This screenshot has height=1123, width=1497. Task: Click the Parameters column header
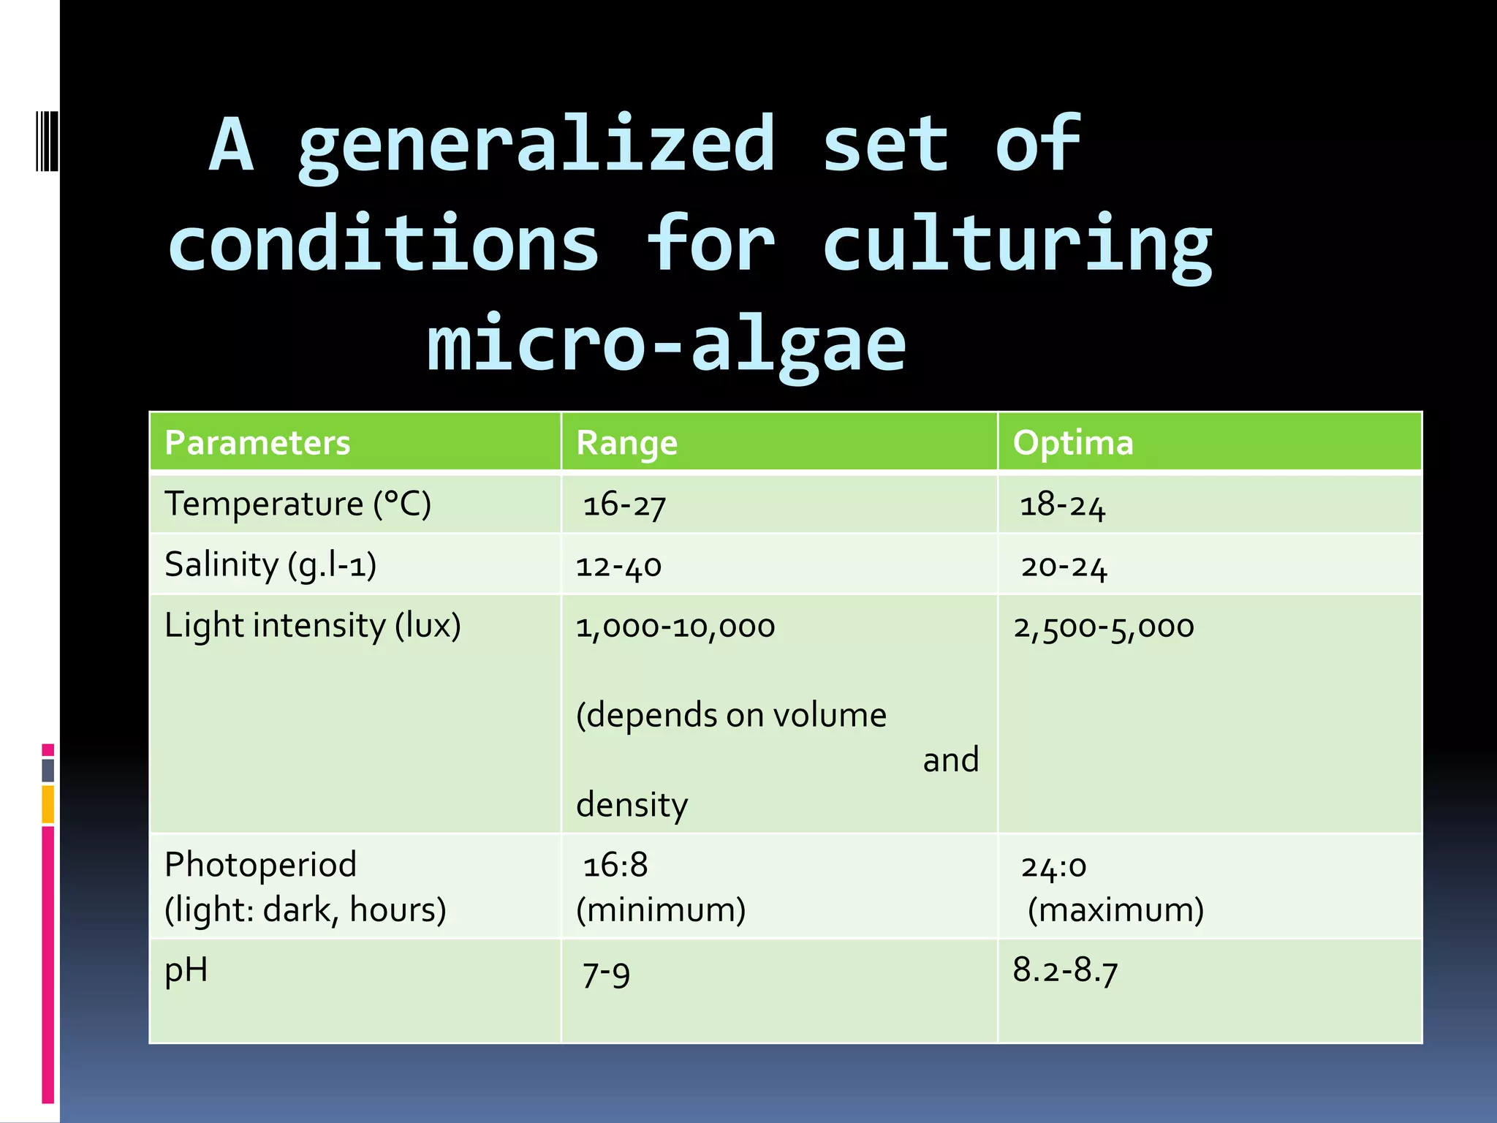tap(257, 443)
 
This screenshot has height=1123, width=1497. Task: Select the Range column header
tap(626, 443)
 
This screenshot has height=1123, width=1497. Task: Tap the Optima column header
tap(1072, 443)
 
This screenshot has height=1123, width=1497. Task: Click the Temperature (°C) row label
tap(297, 504)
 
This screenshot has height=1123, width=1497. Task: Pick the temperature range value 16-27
tap(624, 505)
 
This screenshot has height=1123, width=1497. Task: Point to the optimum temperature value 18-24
tap(1062, 505)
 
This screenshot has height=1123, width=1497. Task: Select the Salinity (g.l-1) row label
tap(270, 565)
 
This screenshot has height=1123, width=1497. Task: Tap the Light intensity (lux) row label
tap(313, 626)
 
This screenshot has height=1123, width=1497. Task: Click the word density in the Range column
tap(632, 805)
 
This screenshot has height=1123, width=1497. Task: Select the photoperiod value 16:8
tap(615, 866)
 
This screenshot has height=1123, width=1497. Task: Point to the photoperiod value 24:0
tap(1053, 867)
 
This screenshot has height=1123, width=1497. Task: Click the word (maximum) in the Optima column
tap(1115, 910)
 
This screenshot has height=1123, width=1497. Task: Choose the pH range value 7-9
tap(606, 974)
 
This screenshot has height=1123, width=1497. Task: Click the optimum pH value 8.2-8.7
tap(1065, 971)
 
